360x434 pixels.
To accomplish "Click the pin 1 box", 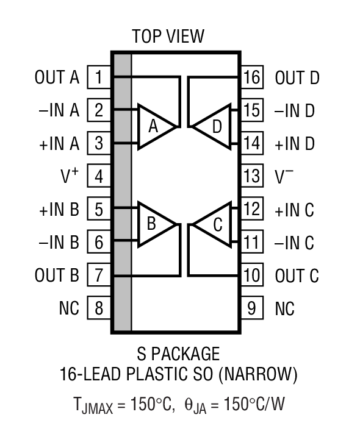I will click(99, 77).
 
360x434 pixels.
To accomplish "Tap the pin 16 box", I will click(251, 77).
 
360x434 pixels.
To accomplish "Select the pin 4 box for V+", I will click(99, 177).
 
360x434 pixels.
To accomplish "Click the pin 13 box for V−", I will click(251, 177).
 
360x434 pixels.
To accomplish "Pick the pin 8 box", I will click(99, 308).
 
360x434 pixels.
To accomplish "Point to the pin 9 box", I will click(251, 308).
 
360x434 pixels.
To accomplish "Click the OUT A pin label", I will click(57, 77).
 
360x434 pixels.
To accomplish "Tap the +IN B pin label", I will click(59, 210).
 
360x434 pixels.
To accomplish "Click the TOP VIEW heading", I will click(168, 37).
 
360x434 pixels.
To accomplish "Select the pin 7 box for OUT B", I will click(99, 276).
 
